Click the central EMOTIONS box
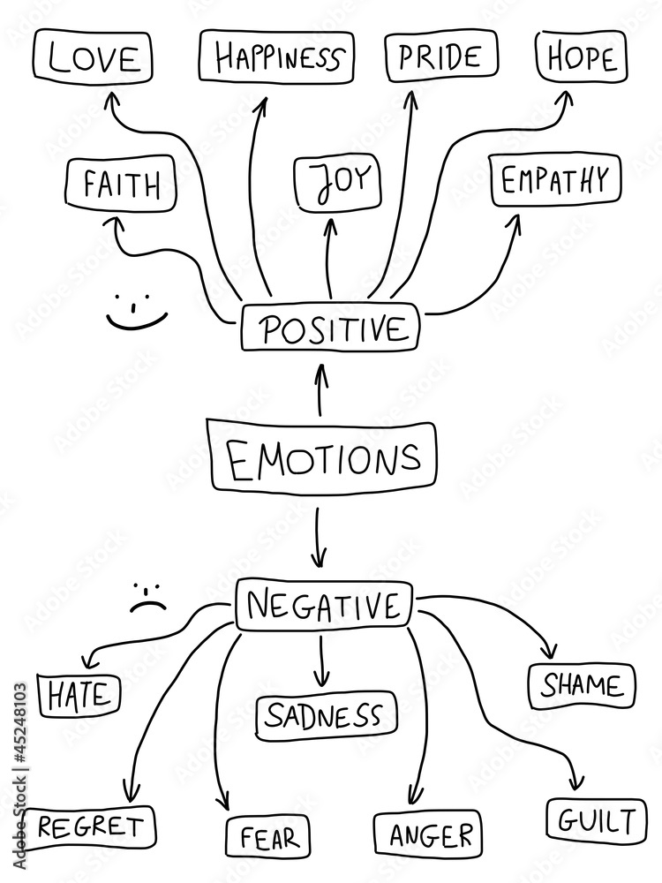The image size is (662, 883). [x=322, y=457]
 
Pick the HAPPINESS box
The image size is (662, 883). [x=276, y=57]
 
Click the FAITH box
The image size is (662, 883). [x=121, y=185]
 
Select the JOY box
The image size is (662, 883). [x=336, y=183]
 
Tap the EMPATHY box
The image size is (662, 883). [x=555, y=180]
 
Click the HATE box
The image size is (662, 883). [x=79, y=694]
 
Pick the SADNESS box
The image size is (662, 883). [x=327, y=715]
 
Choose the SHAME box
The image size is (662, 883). [x=582, y=685]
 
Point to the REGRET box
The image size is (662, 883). [x=89, y=827]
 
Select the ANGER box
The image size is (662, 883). [x=427, y=834]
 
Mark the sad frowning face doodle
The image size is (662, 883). [x=148, y=598]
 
